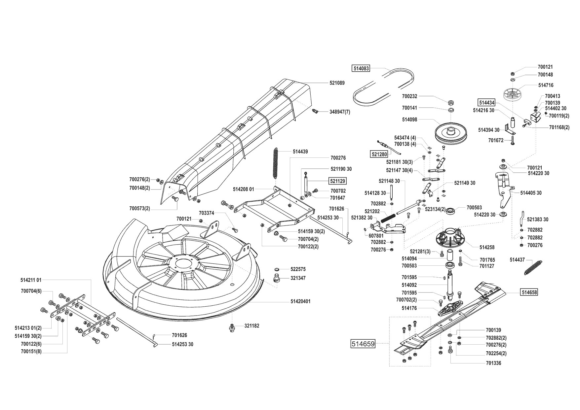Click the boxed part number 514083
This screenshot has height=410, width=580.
click(x=360, y=69)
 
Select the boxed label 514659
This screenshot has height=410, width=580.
click(x=363, y=344)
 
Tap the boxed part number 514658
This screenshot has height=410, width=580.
click(x=529, y=292)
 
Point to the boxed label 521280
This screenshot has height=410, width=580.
click(x=379, y=154)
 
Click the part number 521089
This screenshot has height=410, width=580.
click(x=337, y=83)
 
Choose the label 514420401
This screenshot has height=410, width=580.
click(x=300, y=301)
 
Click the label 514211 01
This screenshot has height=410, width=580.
click(x=31, y=280)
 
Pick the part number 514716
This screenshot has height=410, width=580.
click(x=546, y=85)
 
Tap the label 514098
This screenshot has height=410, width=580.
click(x=409, y=120)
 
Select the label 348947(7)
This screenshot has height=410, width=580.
click(x=339, y=112)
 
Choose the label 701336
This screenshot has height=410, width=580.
click(x=493, y=363)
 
